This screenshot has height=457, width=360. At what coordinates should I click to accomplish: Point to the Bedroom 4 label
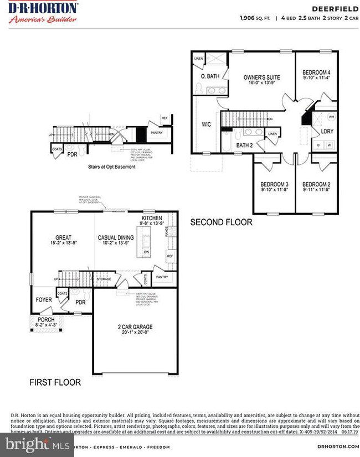[316, 72]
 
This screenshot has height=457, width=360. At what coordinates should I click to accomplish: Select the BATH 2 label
[244, 145]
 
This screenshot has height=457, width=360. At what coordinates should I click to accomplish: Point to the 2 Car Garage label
[135, 327]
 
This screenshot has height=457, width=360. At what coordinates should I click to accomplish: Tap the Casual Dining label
[115, 237]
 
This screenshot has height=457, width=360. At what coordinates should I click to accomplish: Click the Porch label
[46, 320]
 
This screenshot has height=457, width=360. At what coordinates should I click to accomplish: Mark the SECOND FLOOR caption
[221, 222]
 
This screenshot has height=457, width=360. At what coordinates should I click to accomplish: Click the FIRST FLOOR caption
[55, 382]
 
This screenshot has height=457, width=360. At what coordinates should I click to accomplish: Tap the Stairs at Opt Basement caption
[112, 167]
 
